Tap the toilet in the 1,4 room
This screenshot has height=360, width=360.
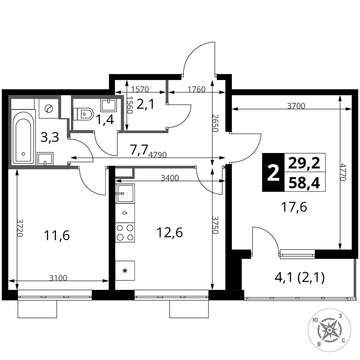[83, 114]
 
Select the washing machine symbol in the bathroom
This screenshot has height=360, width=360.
[49, 109]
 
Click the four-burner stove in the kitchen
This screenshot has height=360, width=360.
[125, 232]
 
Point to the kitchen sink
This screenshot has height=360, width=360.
[125, 193]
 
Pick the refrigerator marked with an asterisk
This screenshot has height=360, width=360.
[125, 270]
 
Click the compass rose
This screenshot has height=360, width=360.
[329, 330]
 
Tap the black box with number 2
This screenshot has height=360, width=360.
[273, 172]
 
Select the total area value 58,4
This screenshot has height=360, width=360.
[304, 183]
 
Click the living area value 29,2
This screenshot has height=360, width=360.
[304, 163]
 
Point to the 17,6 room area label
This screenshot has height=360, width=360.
[294, 207]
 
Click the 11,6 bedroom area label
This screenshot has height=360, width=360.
[57, 235]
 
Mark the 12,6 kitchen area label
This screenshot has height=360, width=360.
[170, 233]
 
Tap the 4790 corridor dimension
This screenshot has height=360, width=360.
[158, 155]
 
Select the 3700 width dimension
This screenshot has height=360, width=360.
[296, 106]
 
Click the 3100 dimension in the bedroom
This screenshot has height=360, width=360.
[58, 278]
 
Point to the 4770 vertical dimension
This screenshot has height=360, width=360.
[343, 172]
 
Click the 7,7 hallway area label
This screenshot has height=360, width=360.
[138, 150]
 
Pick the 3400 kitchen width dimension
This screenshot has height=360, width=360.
[170, 178]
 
